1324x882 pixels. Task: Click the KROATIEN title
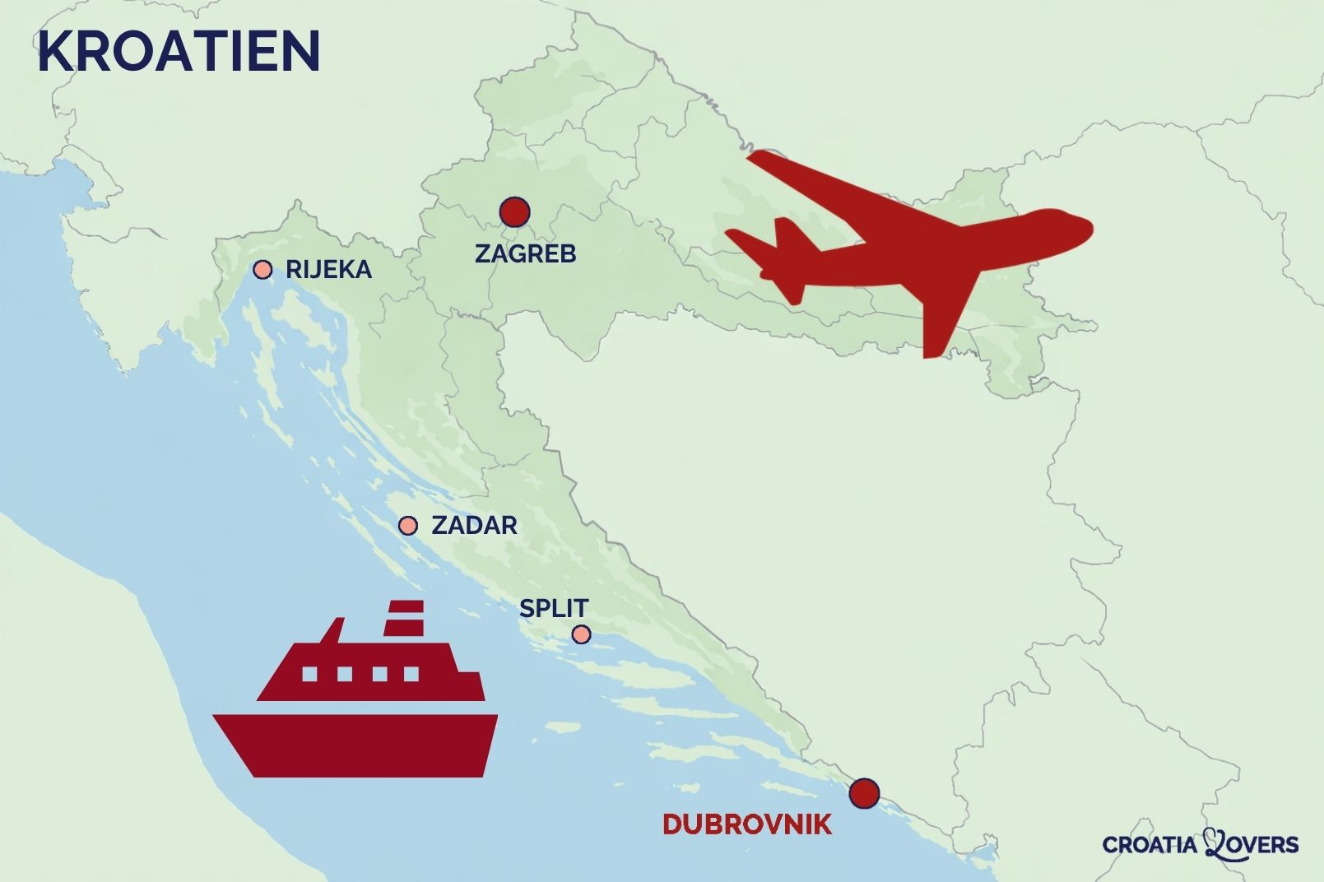(x=179, y=51)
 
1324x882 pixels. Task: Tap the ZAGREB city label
(x=525, y=253)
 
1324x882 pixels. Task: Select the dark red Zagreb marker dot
(x=514, y=212)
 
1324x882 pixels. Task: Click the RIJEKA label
(x=328, y=270)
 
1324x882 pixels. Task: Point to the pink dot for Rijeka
(x=262, y=269)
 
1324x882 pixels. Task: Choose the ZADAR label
(x=474, y=525)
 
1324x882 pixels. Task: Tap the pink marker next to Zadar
(x=407, y=526)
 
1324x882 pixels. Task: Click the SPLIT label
(x=554, y=608)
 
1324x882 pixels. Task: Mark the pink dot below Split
(x=581, y=634)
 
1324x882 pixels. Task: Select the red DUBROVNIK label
(x=747, y=824)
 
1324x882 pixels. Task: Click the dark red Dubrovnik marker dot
(x=864, y=793)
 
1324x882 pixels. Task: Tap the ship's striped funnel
(x=404, y=619)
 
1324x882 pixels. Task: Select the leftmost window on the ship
(x=309, y=675)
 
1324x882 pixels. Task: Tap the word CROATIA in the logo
(x=1152, y=845)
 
